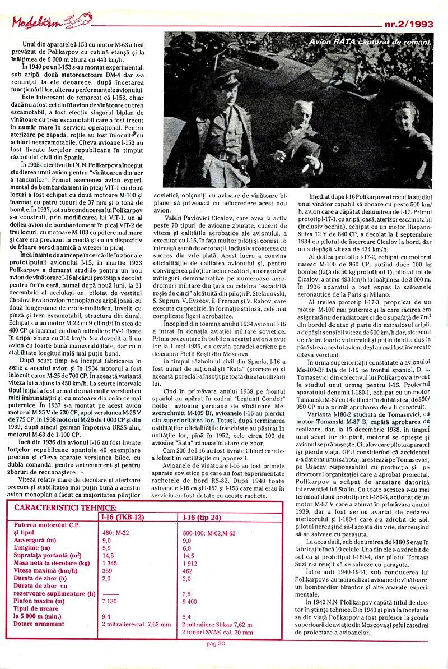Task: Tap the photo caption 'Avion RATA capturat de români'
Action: [x=370, y=42]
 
